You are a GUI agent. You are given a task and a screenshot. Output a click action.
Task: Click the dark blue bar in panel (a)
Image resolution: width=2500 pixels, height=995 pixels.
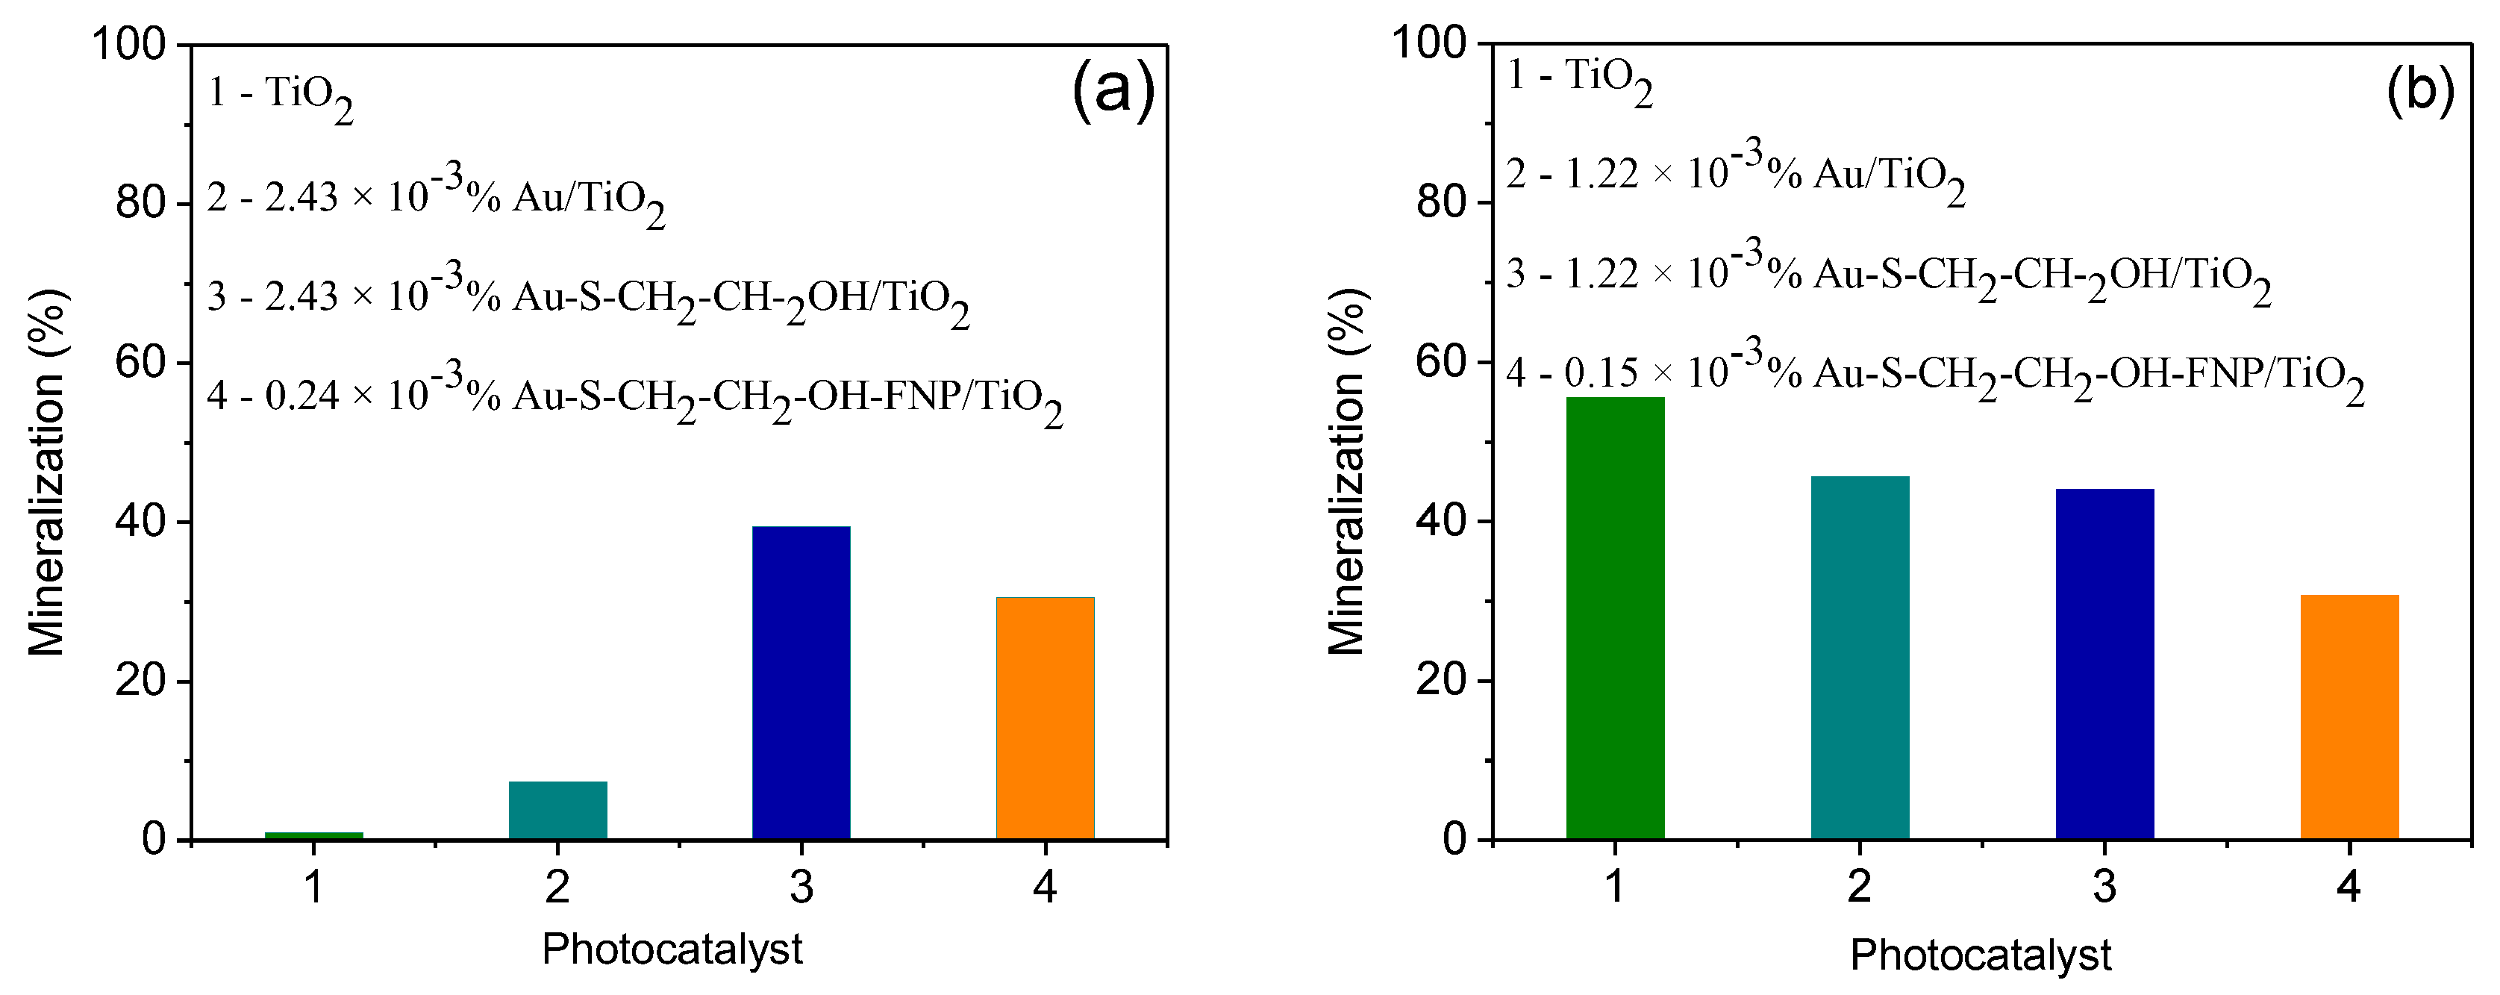click(x=801, y=682)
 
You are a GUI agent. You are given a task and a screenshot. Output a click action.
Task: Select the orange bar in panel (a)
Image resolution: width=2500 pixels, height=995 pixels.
click(x=1046, y=717)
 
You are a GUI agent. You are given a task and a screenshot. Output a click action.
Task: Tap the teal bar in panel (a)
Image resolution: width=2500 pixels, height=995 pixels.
click(x=558, y=810)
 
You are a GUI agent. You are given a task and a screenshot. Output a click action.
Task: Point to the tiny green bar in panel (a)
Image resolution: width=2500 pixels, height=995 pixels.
click(x=313, y=835)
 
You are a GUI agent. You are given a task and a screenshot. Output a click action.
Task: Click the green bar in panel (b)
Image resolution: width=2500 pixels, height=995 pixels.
click(x=1615, y=617)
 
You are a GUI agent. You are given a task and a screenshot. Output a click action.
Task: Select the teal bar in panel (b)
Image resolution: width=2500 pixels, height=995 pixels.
click(x=1860, y=657)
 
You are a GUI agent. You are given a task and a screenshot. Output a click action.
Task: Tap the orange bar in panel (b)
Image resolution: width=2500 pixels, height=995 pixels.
click(x=2349, y=717)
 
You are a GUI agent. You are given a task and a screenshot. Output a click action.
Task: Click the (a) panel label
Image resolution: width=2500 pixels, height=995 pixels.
click(x=1113, y=90)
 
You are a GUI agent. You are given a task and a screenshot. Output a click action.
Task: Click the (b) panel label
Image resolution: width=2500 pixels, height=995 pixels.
click(x=2419, y=90)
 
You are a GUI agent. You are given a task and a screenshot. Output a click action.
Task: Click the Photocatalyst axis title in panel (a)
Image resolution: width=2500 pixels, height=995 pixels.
click(x=672, y=949)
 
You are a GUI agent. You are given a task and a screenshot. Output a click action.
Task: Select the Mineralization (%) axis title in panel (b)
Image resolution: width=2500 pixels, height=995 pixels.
click(x=1347, y=472)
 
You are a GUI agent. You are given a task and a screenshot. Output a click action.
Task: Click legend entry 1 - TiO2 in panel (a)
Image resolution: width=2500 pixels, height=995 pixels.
click(x=280, y=96)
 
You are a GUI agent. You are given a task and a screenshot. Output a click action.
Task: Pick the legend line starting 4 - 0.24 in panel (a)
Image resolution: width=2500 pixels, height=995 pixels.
click(x=634, y=397)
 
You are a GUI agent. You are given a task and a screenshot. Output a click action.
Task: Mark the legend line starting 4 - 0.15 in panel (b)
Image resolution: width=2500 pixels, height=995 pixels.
click(x=1934, y=375)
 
